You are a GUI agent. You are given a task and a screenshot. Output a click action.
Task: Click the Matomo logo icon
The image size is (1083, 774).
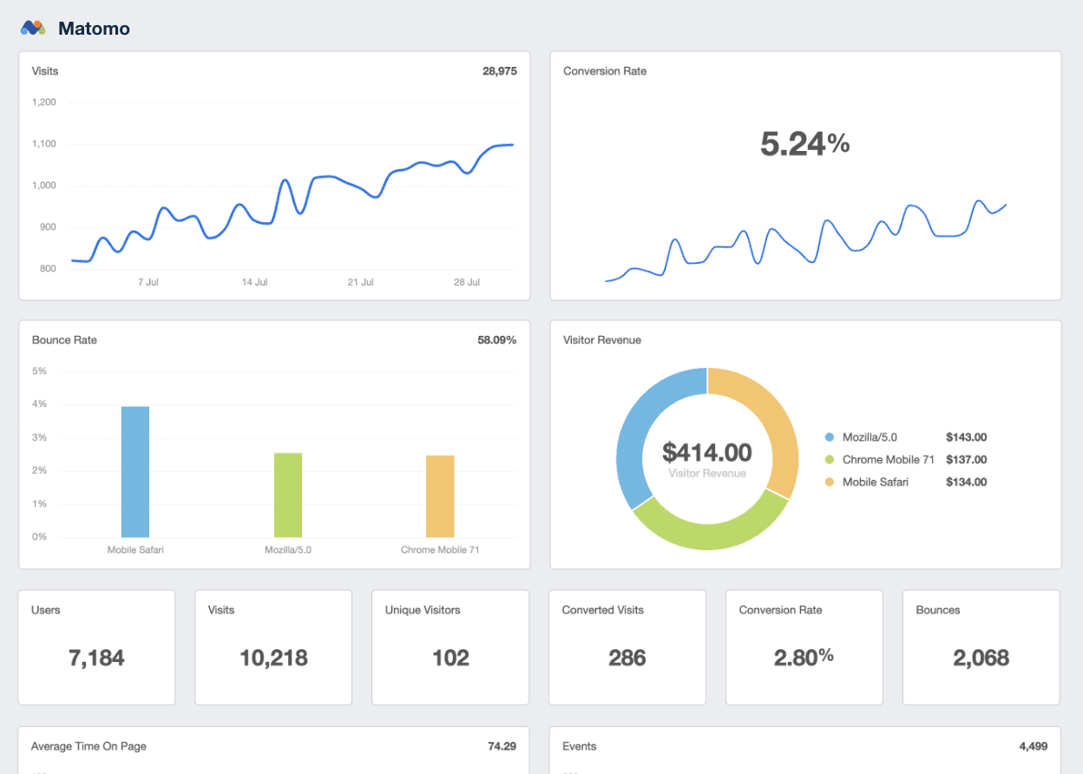(33, 29)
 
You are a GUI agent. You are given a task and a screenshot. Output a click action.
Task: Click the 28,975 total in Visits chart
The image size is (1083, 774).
(499, 71)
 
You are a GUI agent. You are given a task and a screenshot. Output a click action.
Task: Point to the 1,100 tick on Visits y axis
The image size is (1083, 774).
(43, 144)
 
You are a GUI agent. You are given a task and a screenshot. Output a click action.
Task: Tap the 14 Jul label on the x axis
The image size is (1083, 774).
(254, 283)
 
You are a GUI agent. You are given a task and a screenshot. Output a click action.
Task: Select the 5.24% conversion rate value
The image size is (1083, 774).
(804, 144)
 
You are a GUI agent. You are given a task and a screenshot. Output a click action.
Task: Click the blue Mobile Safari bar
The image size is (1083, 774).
(135, 472)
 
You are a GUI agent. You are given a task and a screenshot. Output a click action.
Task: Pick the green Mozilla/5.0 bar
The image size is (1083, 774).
(288, 495)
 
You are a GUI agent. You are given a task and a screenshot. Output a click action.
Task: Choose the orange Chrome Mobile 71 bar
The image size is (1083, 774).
(440, 496)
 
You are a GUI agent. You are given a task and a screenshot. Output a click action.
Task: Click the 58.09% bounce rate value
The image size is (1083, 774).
(496, 340)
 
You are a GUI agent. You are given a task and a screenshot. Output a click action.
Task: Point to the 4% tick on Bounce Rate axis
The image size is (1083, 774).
(39, 404)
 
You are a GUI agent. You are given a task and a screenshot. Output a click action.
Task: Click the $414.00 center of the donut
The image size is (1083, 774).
(706, 452)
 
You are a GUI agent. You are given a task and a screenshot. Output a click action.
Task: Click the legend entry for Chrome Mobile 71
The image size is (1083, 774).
(888, 460)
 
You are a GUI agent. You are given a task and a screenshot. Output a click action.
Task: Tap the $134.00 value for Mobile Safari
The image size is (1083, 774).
(966, 482)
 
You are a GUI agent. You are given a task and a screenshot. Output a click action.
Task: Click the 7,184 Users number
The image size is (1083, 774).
(96, 658)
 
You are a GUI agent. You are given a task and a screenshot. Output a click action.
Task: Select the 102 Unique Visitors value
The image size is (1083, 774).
(450, 658)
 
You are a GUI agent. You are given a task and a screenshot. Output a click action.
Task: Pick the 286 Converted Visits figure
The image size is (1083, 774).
(627, 658)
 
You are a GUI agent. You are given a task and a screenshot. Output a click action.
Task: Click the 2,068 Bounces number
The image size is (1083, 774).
(981, 658)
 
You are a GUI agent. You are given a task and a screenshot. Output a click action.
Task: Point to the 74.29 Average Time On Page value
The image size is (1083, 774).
(502, 746)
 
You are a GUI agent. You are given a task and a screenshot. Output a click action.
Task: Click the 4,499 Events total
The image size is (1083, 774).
(1033, 746)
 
